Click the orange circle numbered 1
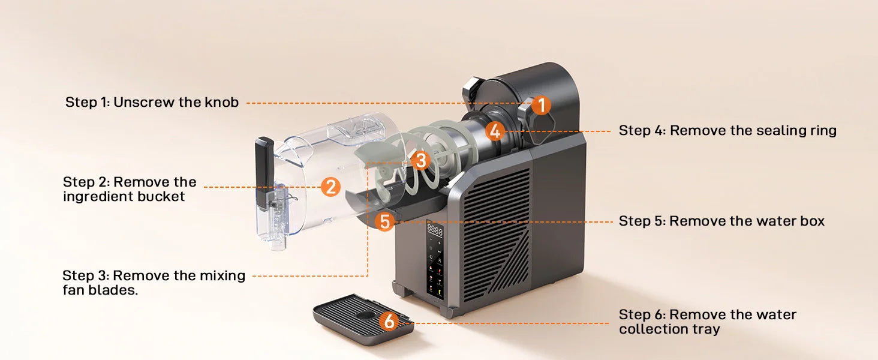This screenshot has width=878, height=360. pos(540,106)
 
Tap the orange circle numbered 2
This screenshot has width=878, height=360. pos(330,187)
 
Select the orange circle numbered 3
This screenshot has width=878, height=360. pos(420,160)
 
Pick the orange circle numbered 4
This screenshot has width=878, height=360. pos(494,130)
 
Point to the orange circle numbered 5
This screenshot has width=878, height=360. pos(384,222)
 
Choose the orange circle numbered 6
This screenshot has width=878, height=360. pos(389,322)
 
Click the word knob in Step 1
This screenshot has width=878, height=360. pos(222,102)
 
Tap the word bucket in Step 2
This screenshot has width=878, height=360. pos(158,196)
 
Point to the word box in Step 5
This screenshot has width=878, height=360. pos(812,221)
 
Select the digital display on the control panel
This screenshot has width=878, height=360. pos(435,230)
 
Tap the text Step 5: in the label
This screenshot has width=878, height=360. pos(642,221)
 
